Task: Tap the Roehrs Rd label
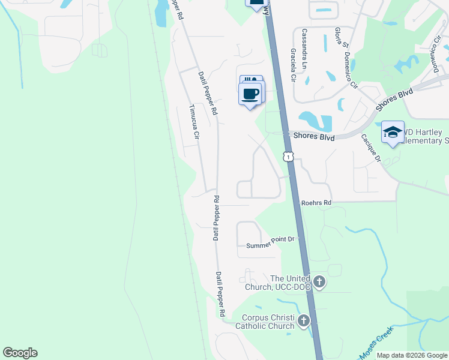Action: (x=316, y=203)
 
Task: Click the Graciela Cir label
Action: (x=294, y=66)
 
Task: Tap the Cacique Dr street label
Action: (x=371, y=148)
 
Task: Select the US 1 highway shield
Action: (x=289, y=157)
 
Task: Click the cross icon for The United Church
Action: (x=319, y=281)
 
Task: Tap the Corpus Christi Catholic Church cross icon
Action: (x=304, y=321)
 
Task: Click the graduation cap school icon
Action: (x=393, y=132)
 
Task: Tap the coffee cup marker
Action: (x=250, y=94)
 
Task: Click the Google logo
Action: (x=20, y=353)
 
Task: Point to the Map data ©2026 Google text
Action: (x=412, y=355)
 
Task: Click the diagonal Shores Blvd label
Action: (x=395, y=100)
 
